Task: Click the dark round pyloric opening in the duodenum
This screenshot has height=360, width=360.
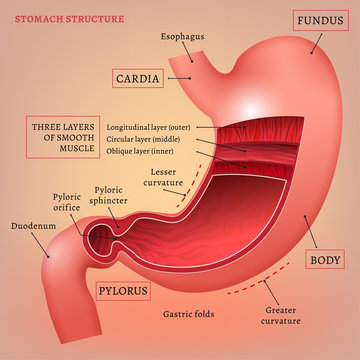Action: point(96,238)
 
